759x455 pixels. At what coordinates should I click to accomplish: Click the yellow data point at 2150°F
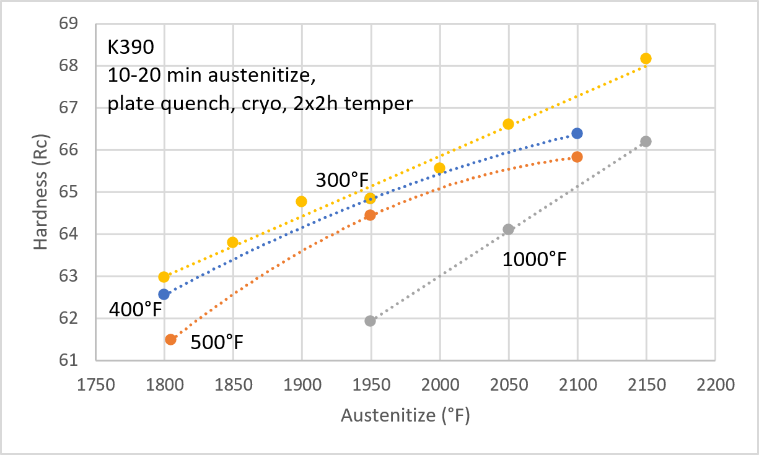tap(646, 58)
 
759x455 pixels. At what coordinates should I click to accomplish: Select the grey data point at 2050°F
tap(508, 229)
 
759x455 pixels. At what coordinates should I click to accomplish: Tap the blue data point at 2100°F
tap(577, 133)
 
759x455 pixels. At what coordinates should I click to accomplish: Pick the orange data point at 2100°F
tap(577, 157)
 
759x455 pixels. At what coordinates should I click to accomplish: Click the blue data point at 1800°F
tap(164, 294)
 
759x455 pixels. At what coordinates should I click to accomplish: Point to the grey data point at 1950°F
tap(370, 321)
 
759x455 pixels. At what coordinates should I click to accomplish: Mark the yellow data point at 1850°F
tap(232, 242)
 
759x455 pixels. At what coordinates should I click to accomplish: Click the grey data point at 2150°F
tap(646, 141)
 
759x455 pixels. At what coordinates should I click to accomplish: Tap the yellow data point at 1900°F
tap(301, 201)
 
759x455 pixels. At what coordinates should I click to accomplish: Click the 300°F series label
tap(342, 180)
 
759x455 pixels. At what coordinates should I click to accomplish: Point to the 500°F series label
tap(217, 341)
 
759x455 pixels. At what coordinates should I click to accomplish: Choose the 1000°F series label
tap(534, 259)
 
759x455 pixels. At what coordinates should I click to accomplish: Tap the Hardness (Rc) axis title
tap(41, 192)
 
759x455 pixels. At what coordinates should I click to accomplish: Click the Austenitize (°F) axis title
tap(405, 415)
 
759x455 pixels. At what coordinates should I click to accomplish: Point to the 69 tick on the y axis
tap(69, 24)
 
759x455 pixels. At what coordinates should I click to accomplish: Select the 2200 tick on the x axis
tap(714, 384)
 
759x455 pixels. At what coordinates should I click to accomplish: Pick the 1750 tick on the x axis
tap(95, 384)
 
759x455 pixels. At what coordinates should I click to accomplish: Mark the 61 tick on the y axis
tap(69, 360)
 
